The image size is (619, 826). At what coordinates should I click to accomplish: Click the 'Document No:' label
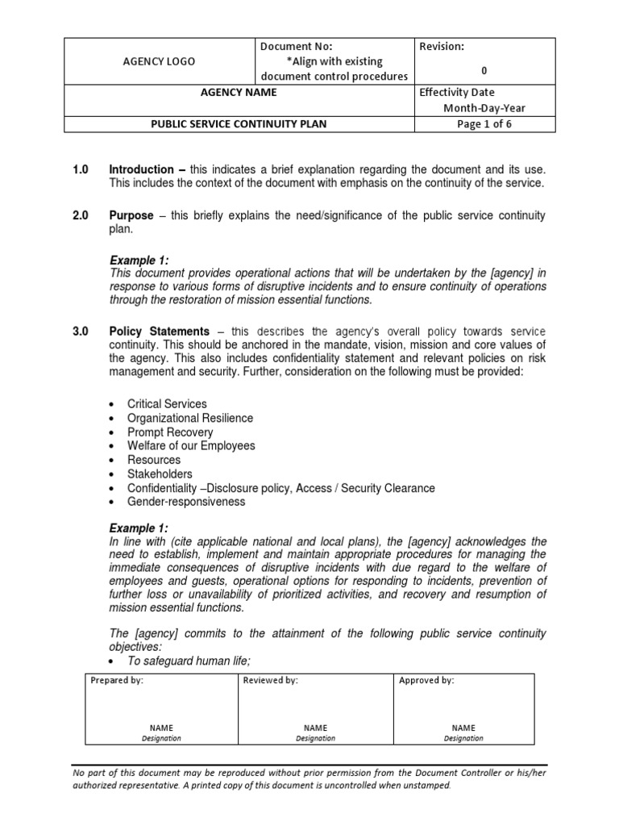point(291,47)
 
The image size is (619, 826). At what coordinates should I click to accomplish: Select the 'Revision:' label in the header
point(442,47)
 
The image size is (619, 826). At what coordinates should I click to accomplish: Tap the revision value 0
point(484,70)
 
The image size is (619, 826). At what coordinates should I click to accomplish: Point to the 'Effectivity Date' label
point(457,93)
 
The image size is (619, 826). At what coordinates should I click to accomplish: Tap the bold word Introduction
point(142,169)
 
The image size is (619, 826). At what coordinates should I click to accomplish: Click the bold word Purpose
point(132,216)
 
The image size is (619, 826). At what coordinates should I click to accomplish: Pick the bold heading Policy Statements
point(160,332)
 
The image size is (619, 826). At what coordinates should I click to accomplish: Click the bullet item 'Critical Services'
point(167,403)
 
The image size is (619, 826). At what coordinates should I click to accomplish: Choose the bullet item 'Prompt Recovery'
point(170,432)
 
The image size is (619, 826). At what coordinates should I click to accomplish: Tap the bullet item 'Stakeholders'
point(160,474)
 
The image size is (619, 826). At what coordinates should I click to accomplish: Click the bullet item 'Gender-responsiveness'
point(186,502)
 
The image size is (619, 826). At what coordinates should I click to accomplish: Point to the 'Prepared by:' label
point(117,680)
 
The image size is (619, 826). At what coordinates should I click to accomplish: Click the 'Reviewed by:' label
point(271,680)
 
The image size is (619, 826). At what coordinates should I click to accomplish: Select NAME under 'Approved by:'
point(463,727)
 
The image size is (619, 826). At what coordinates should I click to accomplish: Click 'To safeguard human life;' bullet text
point(189,661)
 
